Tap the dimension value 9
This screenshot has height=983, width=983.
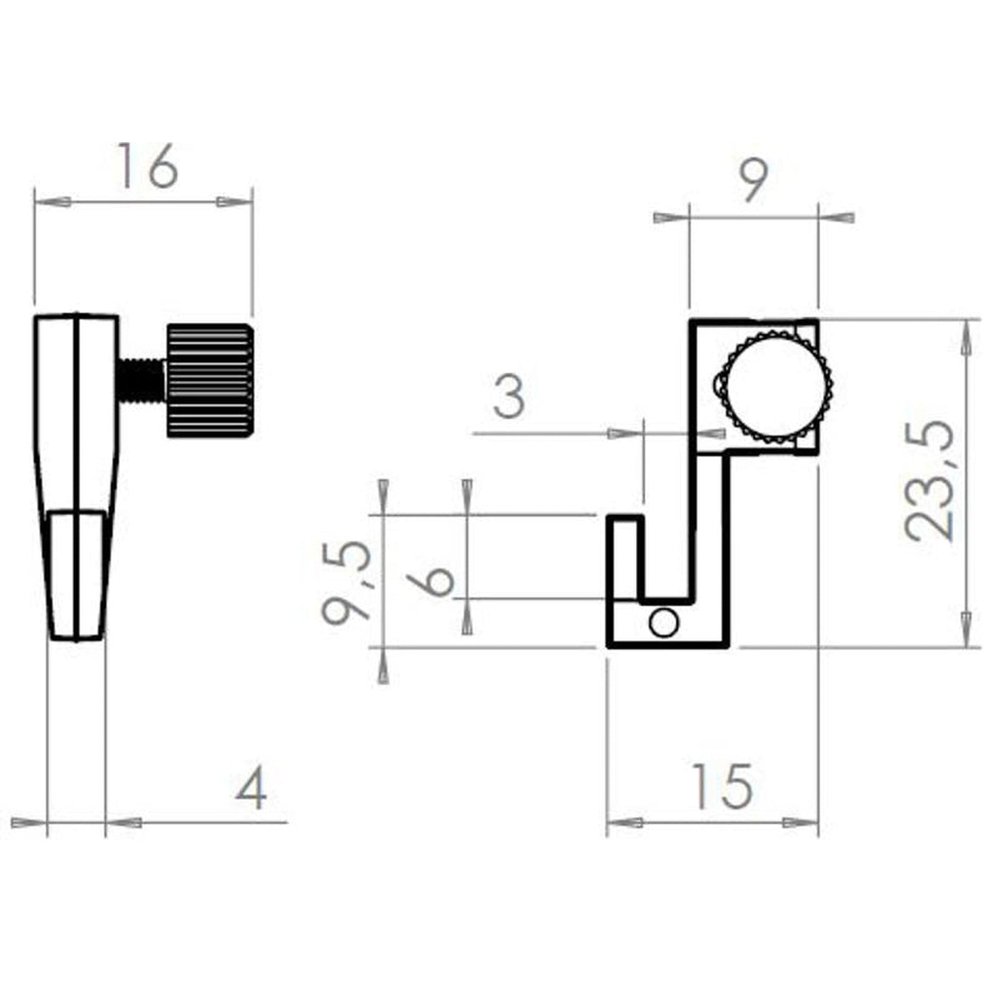tap(754, 180)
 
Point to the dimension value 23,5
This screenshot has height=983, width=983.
tap(929, 482)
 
